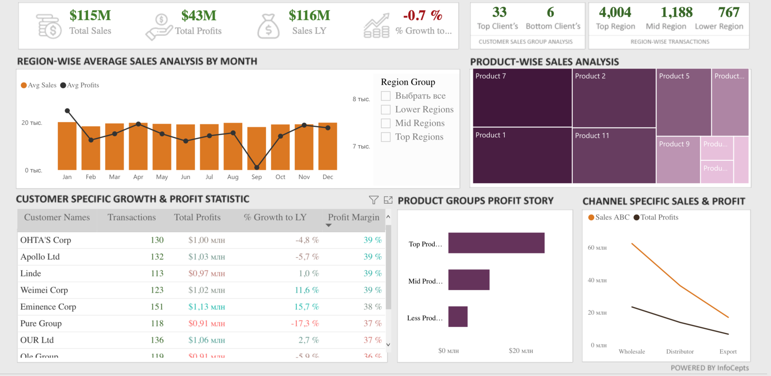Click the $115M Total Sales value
90,15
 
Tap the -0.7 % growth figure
422,15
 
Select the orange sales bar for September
257,148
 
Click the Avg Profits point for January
67,111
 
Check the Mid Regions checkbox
386,123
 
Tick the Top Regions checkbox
386,137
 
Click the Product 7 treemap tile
522,97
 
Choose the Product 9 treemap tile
678,160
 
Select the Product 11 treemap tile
614,156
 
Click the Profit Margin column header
353,217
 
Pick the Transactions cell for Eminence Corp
157,307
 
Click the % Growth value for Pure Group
305,323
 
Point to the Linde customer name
31,273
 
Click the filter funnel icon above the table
374,200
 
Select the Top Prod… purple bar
496,243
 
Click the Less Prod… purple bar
458,317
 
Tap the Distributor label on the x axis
680,352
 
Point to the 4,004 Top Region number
615,12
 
